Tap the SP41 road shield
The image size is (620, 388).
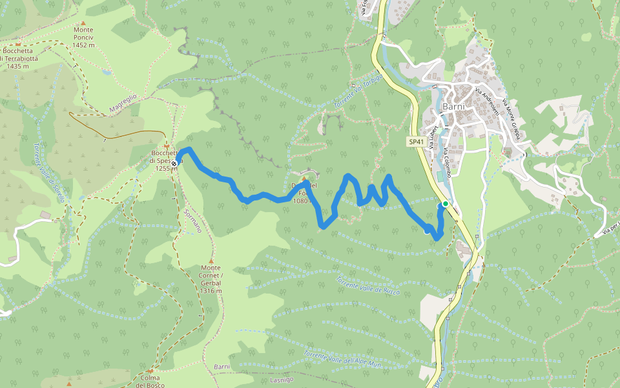click(x=416, y=141)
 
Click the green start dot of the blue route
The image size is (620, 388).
click(x=445, y=204)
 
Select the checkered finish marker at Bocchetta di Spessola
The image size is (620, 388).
click(x=174, y=163)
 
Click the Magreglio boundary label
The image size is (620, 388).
click(x=122, y=103)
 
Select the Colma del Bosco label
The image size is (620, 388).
click(x=149, y=381)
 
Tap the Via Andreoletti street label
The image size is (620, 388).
click(x=487, y=102)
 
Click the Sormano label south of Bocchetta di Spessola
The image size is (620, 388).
click(x=192, y=220)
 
